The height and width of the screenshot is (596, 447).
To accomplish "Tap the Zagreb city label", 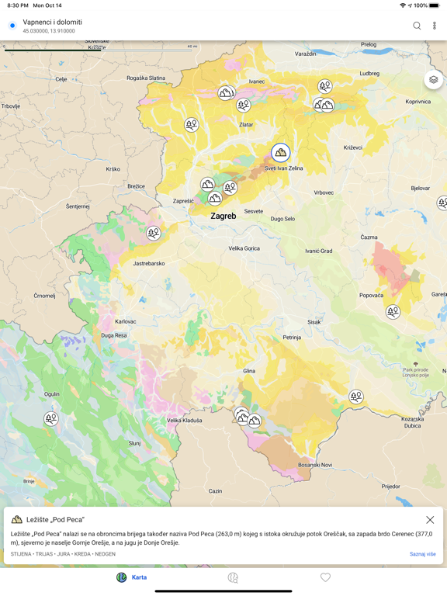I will tap(223, 217).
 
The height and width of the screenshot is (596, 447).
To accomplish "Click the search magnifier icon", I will tap(417, 26).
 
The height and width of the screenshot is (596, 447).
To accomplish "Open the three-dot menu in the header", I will tap(435, 26).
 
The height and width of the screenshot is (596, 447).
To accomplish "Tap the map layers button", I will tap(433, 80).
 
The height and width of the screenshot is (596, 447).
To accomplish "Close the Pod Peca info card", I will tap(430, 520).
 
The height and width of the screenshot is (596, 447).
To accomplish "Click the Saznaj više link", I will tap(422, 554).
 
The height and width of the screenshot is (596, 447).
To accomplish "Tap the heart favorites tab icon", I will tap(325, 577).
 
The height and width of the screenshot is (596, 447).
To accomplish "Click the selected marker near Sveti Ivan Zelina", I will tap(281, 153).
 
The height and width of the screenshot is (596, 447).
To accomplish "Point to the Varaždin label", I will tap(306, 54).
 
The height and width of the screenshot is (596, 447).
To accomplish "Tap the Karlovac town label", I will tap(126, 321).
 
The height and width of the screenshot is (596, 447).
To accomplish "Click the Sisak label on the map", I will tap(314, 321).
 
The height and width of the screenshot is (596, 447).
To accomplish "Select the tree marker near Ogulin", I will tap(51, 419).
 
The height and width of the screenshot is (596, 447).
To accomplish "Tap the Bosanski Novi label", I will tap(315, 465).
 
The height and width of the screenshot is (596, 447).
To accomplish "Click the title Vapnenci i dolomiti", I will tap(52, 23).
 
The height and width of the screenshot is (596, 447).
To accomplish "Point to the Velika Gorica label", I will tap(244, 248).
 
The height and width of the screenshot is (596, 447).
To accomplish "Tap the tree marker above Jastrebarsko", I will tap(154, 233).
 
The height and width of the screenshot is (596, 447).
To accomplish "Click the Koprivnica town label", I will tap(418, 102).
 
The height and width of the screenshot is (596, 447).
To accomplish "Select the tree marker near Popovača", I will tap(393, 312).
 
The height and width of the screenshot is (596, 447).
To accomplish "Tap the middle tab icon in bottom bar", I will tap(233, 577).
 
